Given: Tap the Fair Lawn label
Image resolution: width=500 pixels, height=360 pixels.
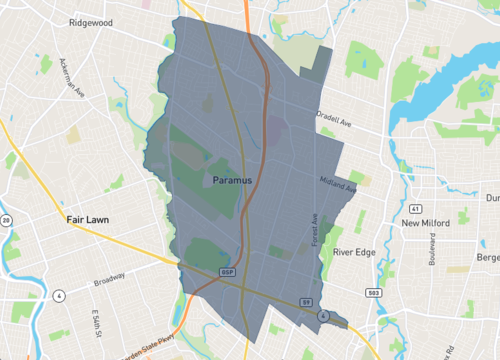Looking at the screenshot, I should click(x=87, y=218).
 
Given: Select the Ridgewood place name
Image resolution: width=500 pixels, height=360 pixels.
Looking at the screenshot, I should click(x=92, y=21).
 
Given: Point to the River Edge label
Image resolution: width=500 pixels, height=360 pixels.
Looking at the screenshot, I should click(x=354, y=252).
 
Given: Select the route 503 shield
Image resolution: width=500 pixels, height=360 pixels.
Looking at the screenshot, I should click(x=373, y=293).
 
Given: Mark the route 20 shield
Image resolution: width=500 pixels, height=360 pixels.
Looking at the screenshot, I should click(x=5, y=220).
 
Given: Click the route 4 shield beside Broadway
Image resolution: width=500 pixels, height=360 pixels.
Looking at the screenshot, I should click(x=59, y=296).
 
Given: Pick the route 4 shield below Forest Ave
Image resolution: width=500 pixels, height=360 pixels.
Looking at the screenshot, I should click(x=323, y=315).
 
